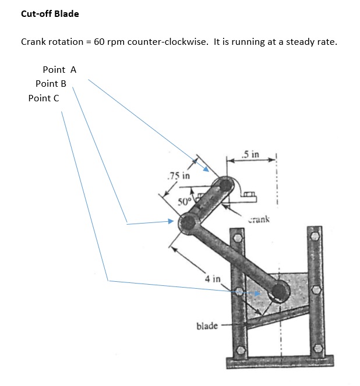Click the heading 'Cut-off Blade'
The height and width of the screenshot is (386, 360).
[x=50, y=14]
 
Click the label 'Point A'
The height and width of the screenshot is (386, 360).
[x=59, y=70]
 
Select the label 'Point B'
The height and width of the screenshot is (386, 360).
[x=51, y=84]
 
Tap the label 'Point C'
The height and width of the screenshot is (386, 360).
[x=43, y=98]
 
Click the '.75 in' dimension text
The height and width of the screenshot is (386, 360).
[x=178, y=175]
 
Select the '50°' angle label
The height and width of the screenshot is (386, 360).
[x=185, y=203]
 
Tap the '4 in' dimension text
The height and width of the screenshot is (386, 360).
[x=212, y=279]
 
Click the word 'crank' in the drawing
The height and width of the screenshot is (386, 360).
[x=258, y=219]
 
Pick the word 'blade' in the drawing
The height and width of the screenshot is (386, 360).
[x=207, y=326]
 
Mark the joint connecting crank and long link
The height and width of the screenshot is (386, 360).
[x=188, y=222]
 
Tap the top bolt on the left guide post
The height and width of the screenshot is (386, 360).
[x=237, y=238]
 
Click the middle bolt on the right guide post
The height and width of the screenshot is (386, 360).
[x=317, y=289]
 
